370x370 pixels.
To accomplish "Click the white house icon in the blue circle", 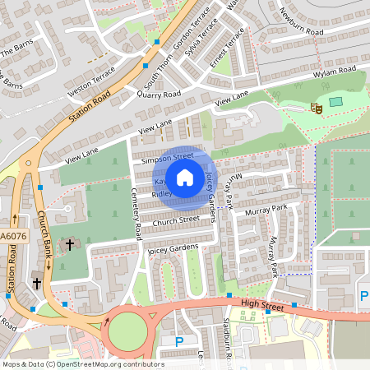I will point(185,176).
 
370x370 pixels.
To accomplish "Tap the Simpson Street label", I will point(167,155).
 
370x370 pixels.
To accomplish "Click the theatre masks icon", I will point(315,107).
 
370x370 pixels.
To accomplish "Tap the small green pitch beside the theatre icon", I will point(335,102).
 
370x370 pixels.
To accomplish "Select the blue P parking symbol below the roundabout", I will point(179,341).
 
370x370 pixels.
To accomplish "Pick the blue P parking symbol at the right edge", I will point(363,297).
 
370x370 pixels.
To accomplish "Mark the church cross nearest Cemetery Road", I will point(71,244).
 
